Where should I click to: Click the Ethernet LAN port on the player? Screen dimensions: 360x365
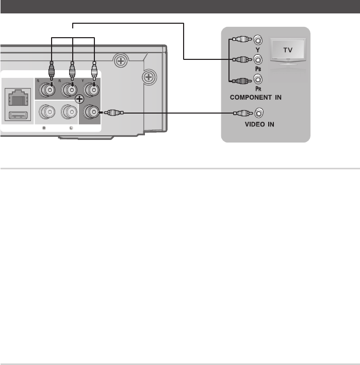[18, 98]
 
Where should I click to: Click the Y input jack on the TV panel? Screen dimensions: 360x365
[258, 39]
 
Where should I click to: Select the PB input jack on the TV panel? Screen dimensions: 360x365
[258, 59]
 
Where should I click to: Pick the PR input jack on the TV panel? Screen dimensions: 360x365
[258, 79]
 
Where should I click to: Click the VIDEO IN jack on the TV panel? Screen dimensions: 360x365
[258, 112]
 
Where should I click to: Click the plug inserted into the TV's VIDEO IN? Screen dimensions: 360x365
[242, 112]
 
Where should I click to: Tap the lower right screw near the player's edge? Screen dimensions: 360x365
[149, 77]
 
